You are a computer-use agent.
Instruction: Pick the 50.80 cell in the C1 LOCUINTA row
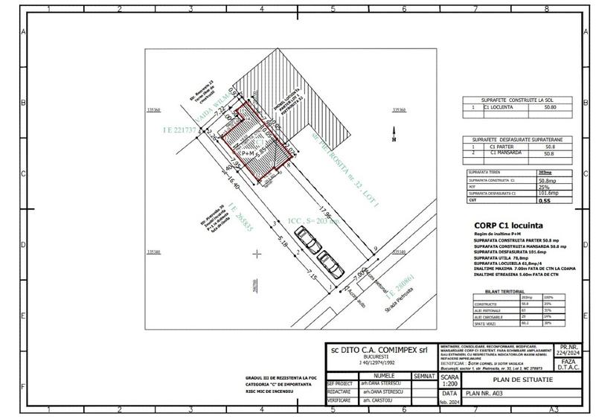(546, 106)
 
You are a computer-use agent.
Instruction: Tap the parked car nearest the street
(332, 265)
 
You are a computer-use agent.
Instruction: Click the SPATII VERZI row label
(487, 323)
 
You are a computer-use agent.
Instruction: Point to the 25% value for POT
(544, 187)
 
